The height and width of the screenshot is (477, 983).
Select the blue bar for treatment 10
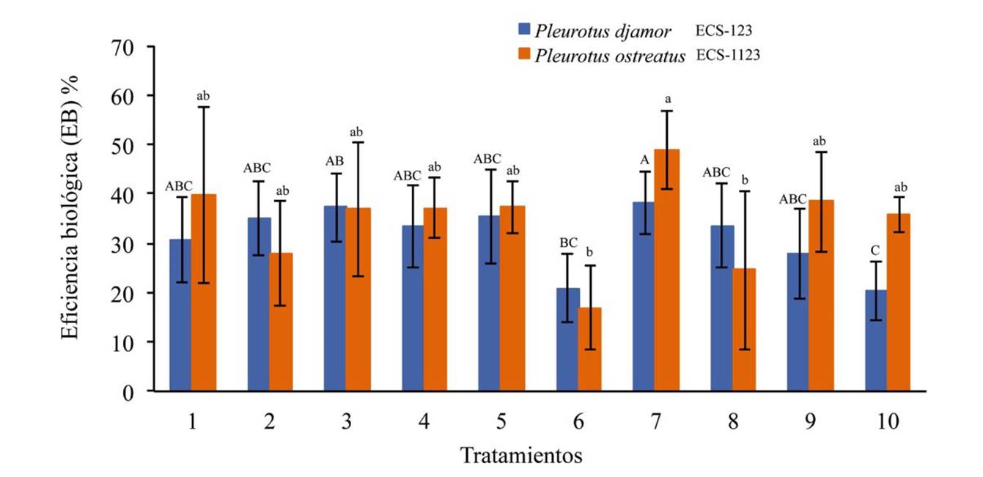(877, 341)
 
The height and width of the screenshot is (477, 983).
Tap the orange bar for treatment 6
(589, 350)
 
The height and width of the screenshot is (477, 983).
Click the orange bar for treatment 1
(203, 293)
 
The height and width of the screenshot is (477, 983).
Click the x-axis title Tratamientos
(521, 456)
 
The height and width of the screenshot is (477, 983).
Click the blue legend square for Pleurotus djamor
(524, 30)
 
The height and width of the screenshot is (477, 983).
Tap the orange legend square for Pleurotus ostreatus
(524, 55)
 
